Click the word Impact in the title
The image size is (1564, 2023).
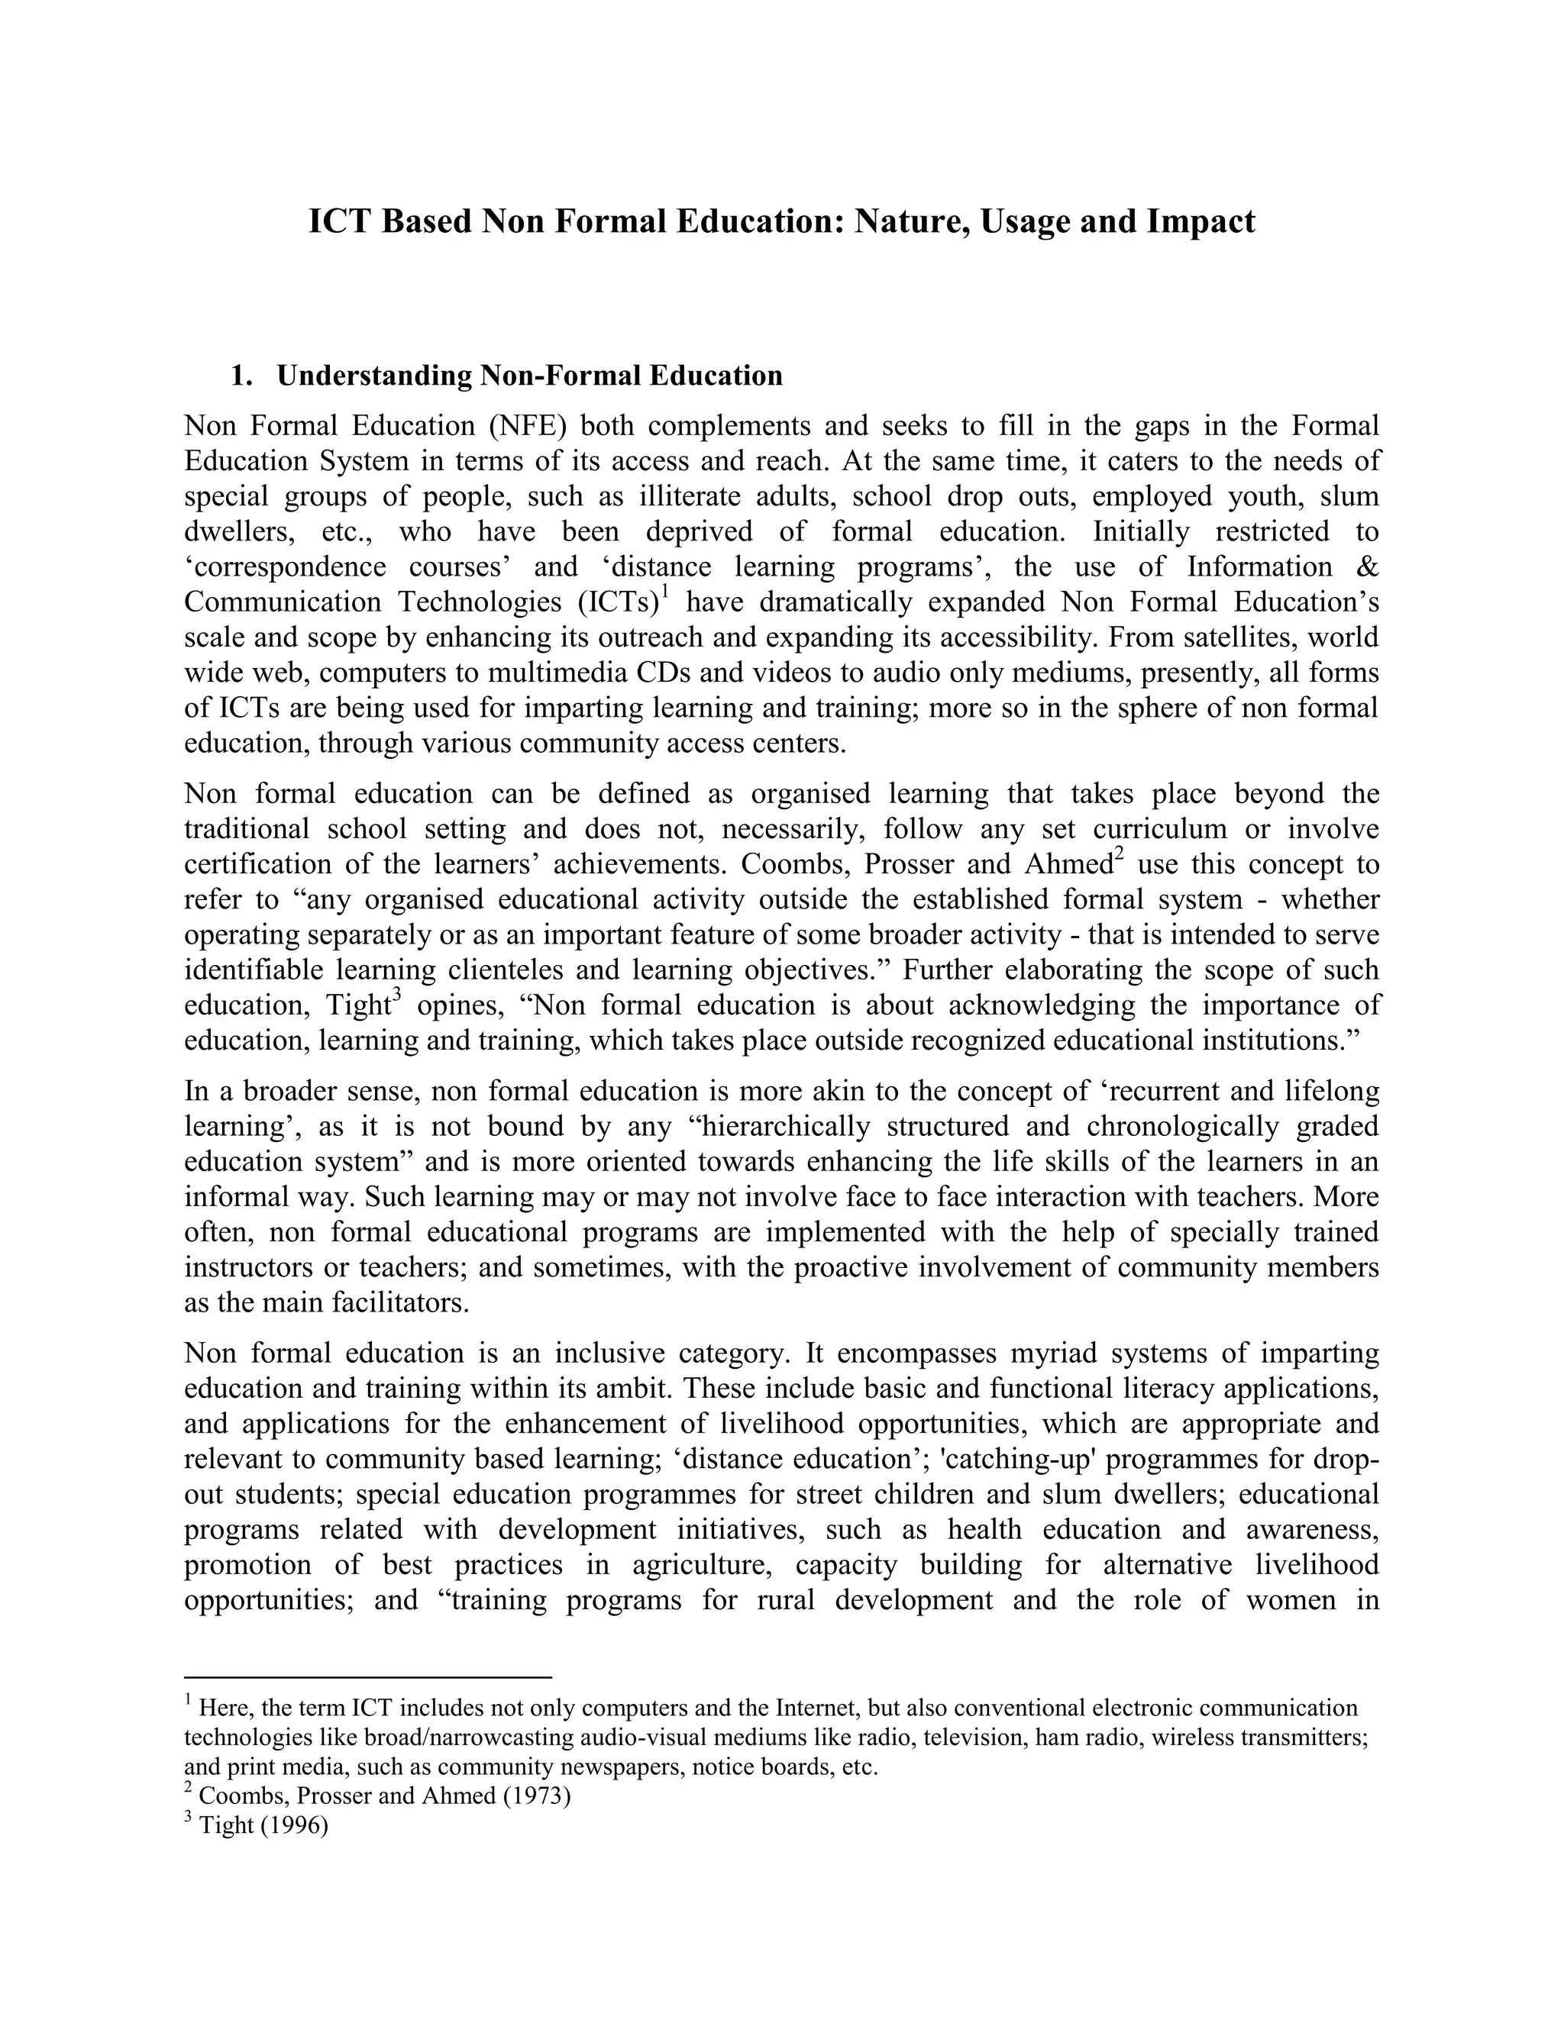pos(1200,222)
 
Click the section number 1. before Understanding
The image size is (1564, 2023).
pos(242,376)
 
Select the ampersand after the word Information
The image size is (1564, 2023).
pos(1367,567)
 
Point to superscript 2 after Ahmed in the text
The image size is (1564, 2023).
pos(1118,854)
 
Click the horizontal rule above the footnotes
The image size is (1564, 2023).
pos(368,1677)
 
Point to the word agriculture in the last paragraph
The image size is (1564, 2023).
pos(704,1564)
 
